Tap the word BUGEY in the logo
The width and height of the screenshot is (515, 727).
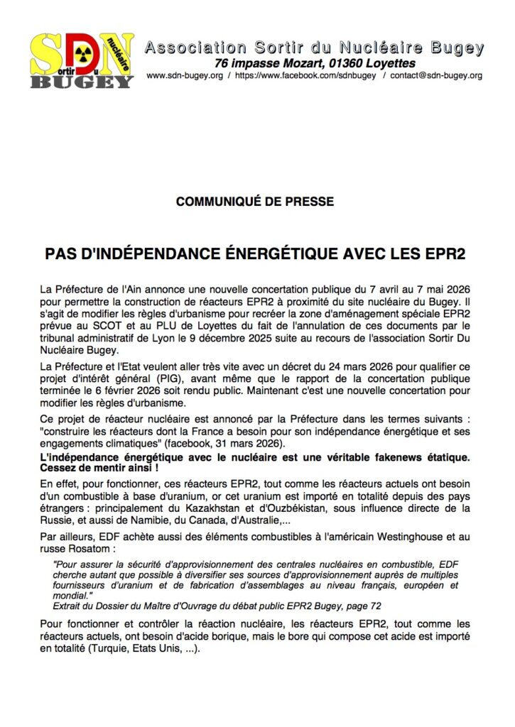coord(82,80)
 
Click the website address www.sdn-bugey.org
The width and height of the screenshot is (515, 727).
coord(183,75)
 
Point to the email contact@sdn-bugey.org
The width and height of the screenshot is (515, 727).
coord(437,75)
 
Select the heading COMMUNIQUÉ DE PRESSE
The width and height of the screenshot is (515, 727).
coord(255,202)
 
